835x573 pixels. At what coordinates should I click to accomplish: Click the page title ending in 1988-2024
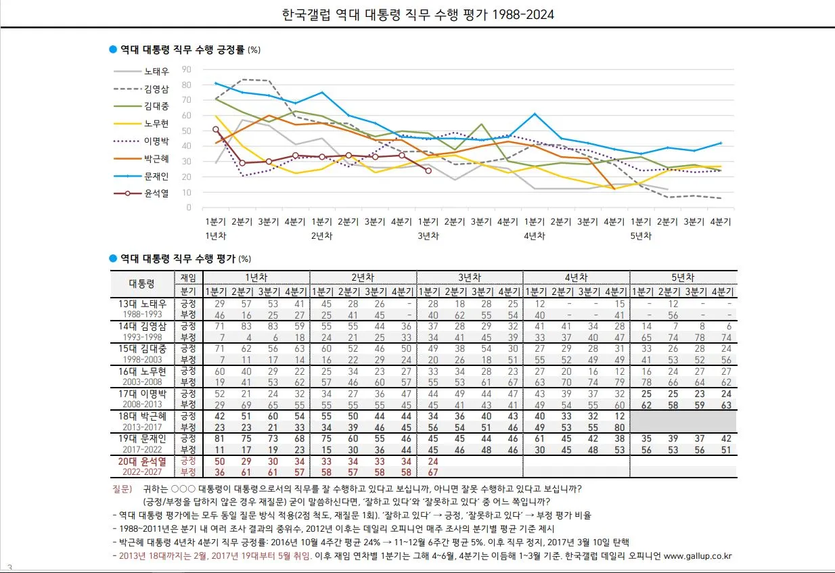click(x=417, y=14)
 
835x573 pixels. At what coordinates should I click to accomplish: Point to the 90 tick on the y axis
click(x=187, y=69)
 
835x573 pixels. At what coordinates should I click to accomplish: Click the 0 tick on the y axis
click(x=189, y=208)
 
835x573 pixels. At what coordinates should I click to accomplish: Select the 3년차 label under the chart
click(x=428, y=236)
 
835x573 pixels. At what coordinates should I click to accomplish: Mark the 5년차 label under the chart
click(x=640, y=236)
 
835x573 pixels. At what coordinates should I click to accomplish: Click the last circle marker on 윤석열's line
click(x=428, y=170)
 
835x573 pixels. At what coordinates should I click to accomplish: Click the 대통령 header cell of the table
click(x=142, y=283)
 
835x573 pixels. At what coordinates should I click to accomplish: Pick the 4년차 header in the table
click(x=576, y=277)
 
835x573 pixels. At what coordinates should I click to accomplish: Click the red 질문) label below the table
click(x=122, y=488)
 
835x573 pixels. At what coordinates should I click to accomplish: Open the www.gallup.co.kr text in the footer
click(x=698, y=556)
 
